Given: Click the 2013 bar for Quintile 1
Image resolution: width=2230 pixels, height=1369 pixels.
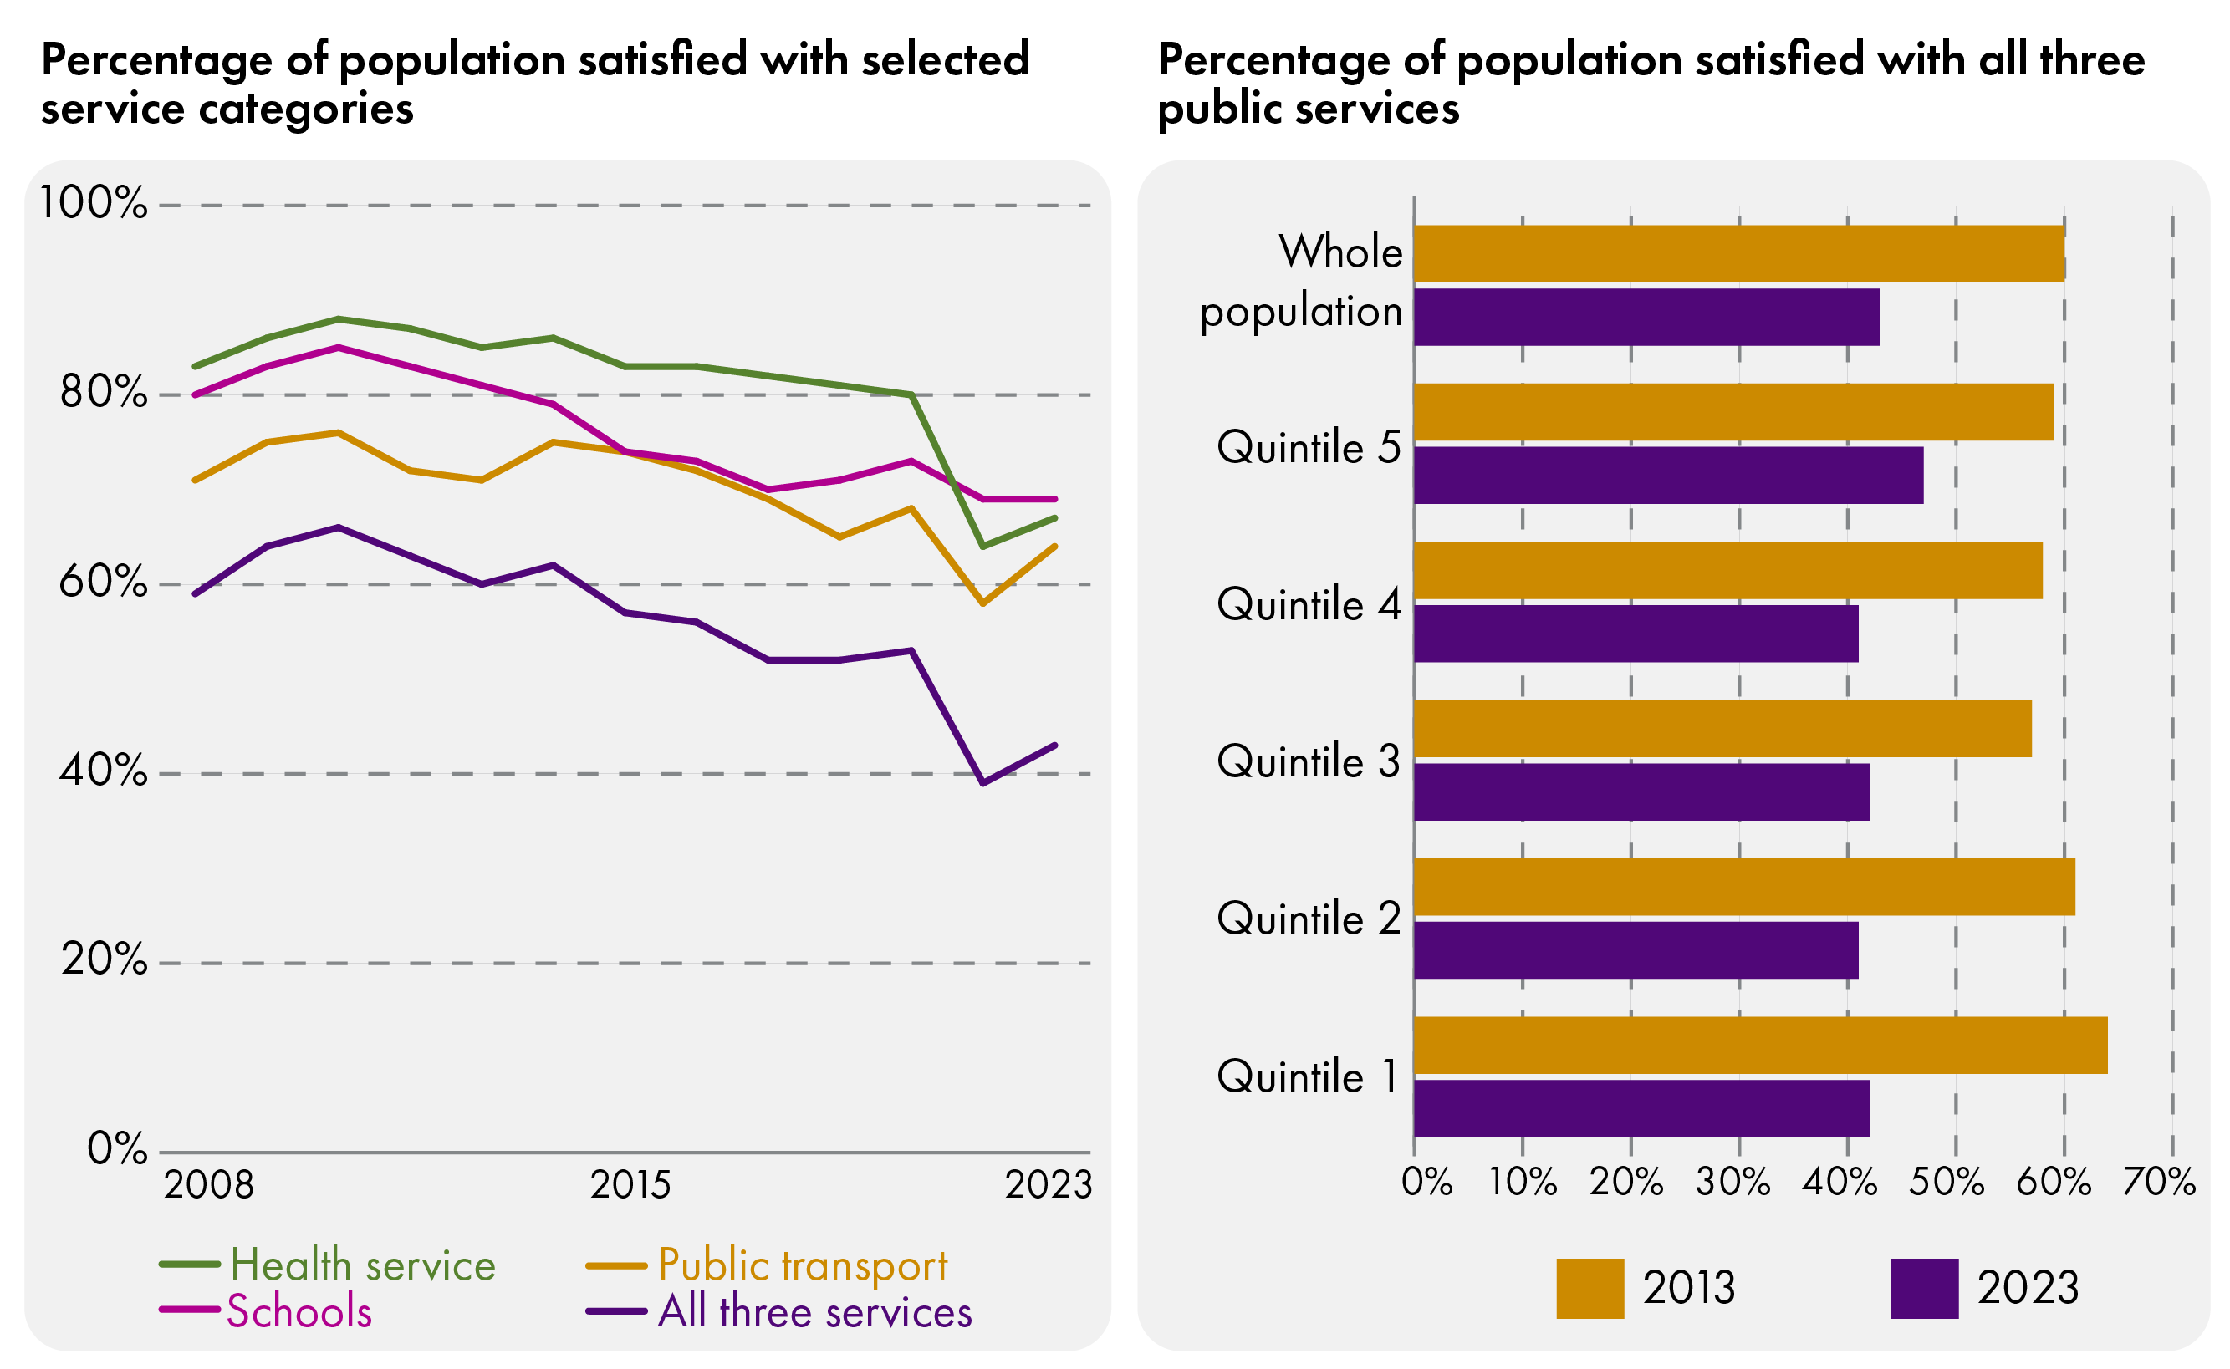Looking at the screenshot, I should pyautogui.click(x=1759, y=1045).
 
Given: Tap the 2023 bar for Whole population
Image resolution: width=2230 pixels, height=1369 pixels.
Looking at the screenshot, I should pyautogui.click(x=1646, y=317).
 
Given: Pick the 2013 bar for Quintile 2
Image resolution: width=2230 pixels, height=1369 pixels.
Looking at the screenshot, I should pyautogui.click(x=1743, y=887).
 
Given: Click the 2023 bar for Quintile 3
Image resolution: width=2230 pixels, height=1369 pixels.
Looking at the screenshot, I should pyautogui.click(x=1641, y=791).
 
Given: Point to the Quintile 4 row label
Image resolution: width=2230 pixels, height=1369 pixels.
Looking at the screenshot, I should pyautogui.click(x=1308, y=604).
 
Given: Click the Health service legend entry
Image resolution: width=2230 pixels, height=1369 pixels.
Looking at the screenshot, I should pyautogui.click(x=362, y=1265).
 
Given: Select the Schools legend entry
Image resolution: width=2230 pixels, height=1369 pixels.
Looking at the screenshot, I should pyautogui.click(x=299, y=1312).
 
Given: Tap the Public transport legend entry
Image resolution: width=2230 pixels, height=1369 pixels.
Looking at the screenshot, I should pyautogui.click(x=802, y=1265).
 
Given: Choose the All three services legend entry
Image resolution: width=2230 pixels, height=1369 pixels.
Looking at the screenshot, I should pyautogui.click(x=814, y=1312).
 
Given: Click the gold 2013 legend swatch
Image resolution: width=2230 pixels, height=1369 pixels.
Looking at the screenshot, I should pyautogui.click(x=1589, y=1287).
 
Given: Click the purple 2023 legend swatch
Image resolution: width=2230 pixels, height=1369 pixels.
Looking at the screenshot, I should pyautogui.click(x=1924, y=1287).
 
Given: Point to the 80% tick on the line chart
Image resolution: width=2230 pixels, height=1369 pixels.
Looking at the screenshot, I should pyautogui.click(x=102, y=393).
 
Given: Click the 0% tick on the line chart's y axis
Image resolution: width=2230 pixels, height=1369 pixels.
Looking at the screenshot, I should pyautogui.click(x=116, y=1149).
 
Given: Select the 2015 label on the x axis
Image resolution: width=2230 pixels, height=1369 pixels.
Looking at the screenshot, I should pyautogui.click(x=630, y=1185).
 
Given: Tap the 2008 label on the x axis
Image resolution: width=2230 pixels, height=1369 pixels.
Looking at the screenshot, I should pyautogui.click(x=208, y=1185).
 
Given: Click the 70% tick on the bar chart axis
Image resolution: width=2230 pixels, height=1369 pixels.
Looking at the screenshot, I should pyautogui.click(x=2158, y=1183).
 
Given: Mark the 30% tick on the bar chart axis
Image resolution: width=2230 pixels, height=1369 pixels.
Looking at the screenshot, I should pyautogui.click(x=1732, y=1183).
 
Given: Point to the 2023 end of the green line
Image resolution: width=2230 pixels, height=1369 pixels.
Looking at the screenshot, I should pyautogui.click(x=1055, y=518).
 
